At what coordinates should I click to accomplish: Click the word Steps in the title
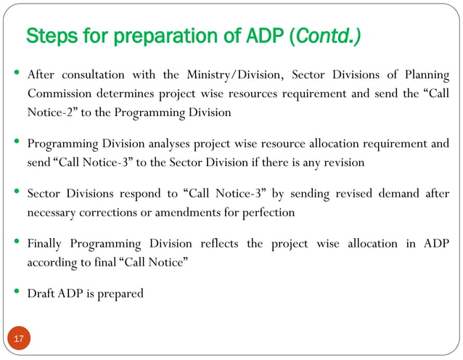(48, 36)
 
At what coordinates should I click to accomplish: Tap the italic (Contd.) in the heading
(324, 36)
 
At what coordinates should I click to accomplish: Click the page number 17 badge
(19, 339)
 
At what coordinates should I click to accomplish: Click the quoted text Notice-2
(50, 112)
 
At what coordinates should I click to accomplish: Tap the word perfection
(269, 213)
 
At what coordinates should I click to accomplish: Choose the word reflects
(212, 244)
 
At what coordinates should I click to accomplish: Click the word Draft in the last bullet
(40, 294)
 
